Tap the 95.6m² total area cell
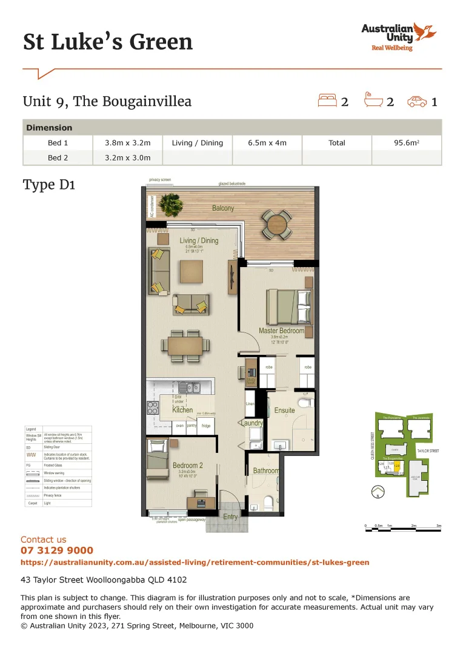pos(407,143)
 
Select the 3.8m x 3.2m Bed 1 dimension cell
pos(127,143)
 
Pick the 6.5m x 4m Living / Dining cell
pos(267,143)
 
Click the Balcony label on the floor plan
pos(223,208)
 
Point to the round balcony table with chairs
pos(276,223)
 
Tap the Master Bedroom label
pos(281,331)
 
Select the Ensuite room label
pos(285,410)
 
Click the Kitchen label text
pos(182,410)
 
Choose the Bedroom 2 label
pos(187,466)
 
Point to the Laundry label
pos(252,423)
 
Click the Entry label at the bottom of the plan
pos(230,517)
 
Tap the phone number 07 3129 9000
pos(57,550)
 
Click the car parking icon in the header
pos(417,101)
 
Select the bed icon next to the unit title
pos(327,101)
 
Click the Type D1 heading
pos(48,185)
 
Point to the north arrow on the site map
pos(378,492)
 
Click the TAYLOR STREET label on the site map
pos(427,451)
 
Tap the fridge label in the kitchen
pos(206,426)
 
